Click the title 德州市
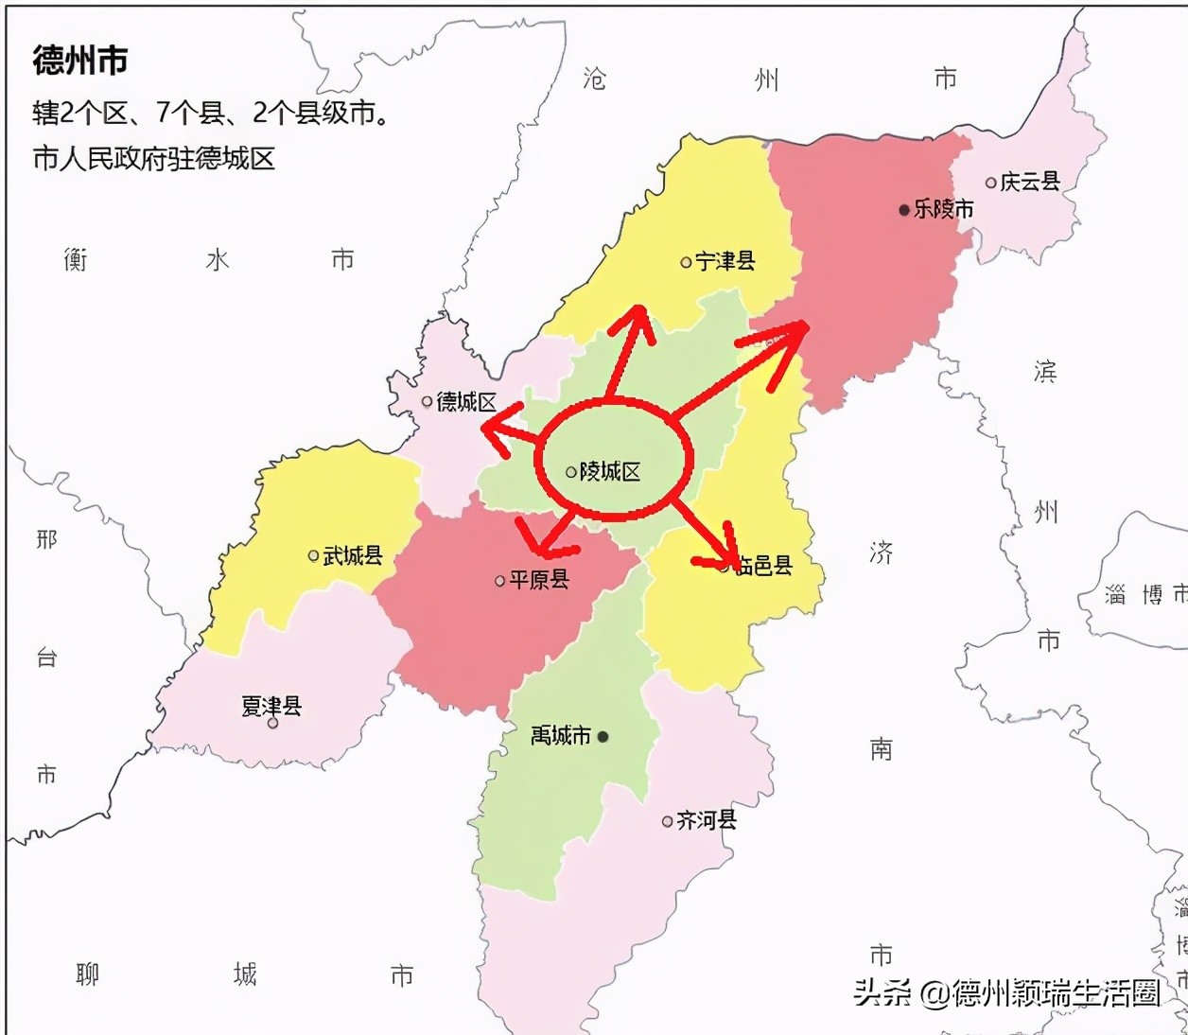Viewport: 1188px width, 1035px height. tap(80, 61)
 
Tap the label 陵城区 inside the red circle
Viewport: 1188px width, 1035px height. tap(610, 471)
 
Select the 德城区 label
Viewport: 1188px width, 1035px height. tap(466, 402)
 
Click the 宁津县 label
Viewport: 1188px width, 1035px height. tap(725, 261)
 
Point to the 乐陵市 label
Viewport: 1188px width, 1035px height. tap(943, 209)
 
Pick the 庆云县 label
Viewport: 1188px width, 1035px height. tap(1030, 182)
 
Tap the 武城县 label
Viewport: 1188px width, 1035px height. tap(353, 555)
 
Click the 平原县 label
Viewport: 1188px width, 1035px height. tap(539, 580)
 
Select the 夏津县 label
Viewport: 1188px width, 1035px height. tap(271, 705)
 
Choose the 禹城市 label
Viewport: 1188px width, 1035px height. tap(561, 735)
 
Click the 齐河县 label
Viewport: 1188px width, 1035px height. tap(707, 820)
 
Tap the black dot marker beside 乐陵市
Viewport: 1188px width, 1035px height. tap(904, 210)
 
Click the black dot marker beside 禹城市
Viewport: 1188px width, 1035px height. tap(603, 736)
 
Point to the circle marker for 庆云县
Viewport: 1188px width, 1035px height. tap(991, 183)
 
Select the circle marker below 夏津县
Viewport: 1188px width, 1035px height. tap(273, 724)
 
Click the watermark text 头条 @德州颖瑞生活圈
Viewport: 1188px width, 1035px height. tap(1006, 992)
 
